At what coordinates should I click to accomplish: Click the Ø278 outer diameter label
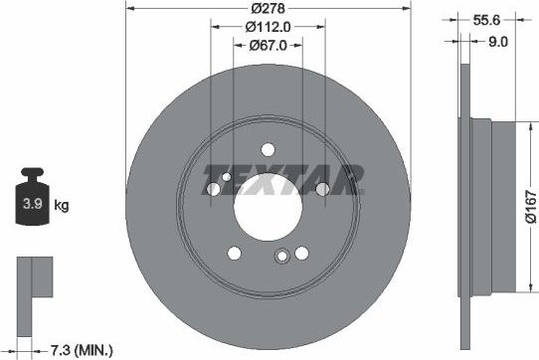[x=269, y=9]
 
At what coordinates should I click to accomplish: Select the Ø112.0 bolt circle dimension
[x=269, y=27]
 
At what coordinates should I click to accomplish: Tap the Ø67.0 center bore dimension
[x=269, y=45]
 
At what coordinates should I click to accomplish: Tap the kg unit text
[x=61, y=206]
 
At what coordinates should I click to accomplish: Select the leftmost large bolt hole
[x=213, y=189]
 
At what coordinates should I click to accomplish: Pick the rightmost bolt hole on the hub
[x=323, y=189]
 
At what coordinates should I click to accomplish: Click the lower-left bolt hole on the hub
[x=234, y=253]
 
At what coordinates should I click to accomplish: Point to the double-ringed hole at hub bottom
[x=281, y=257]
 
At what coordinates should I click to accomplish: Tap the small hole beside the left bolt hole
[x=228, y=178]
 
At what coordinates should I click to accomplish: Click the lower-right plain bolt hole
[x=303, y=253]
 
